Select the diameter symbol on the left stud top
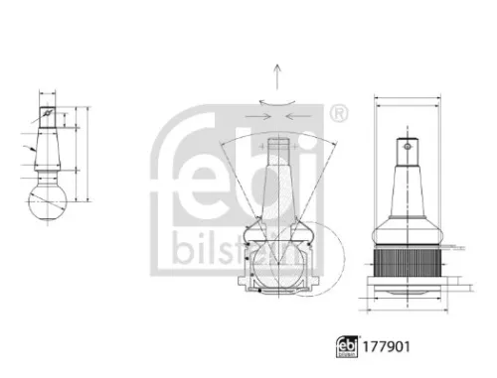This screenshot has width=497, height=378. (x=45, y=110)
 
